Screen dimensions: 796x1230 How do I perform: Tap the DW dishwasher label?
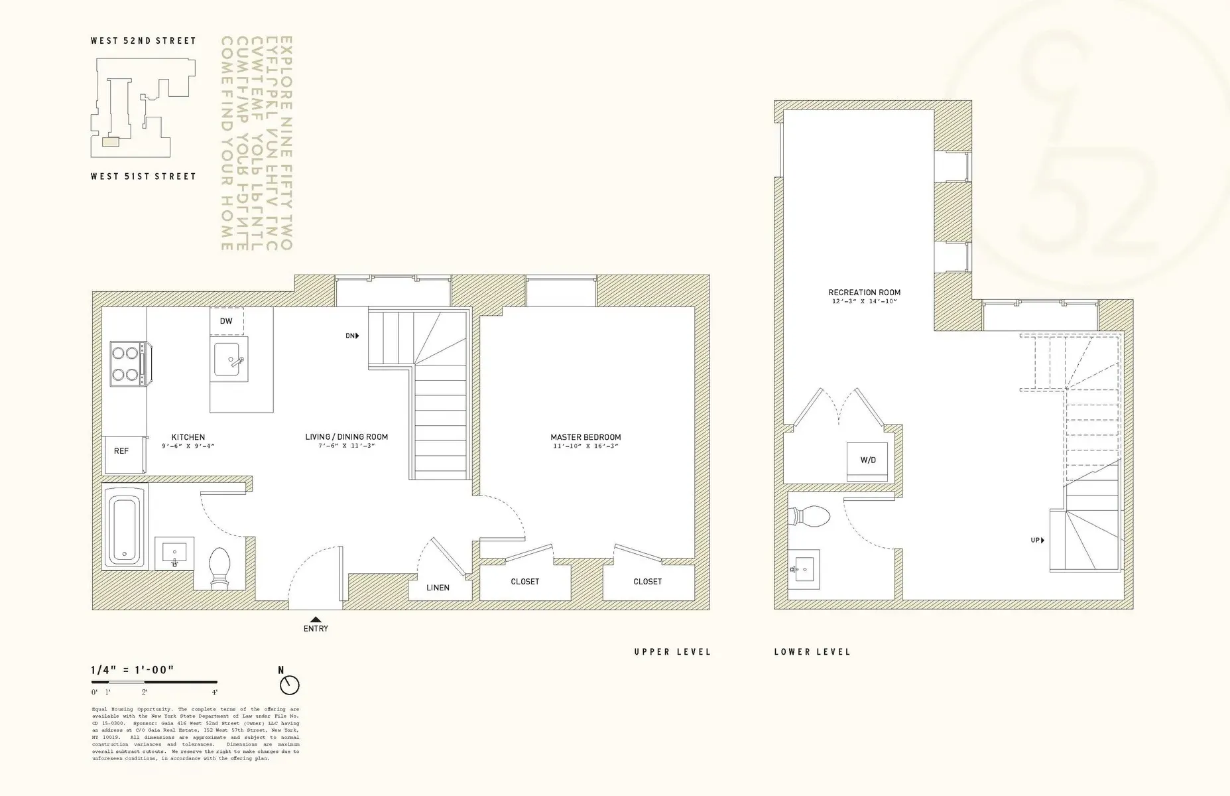(x=226, y=321)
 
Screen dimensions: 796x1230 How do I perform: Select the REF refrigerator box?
(x=122, y=452)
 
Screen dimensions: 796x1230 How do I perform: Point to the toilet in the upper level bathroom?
(x=219, y=568)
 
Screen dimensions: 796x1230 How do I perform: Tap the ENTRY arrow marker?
(x=316, y=620)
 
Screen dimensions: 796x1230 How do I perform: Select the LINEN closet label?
(x=438, y=588)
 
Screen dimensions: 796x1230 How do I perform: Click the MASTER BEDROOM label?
(x=585, y=437)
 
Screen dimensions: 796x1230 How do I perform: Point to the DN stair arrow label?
(x=352, y=336)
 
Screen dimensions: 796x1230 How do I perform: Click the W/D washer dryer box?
(x=867, y=461)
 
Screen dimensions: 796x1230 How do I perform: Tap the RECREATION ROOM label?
(x=864, y=293)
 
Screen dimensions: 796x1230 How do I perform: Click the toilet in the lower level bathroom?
(x=811, y=517)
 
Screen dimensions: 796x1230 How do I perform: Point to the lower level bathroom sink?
(x=804, y=568)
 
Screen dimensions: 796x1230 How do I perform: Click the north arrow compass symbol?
(x=290, y=685)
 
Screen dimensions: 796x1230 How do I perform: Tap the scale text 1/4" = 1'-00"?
(x=133, y=670)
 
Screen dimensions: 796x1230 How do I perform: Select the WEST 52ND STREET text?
(x=143, y=41)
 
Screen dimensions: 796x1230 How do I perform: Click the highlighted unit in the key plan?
(x=110, y=141)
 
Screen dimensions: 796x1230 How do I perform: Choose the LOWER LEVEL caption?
(x=812, y=652)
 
